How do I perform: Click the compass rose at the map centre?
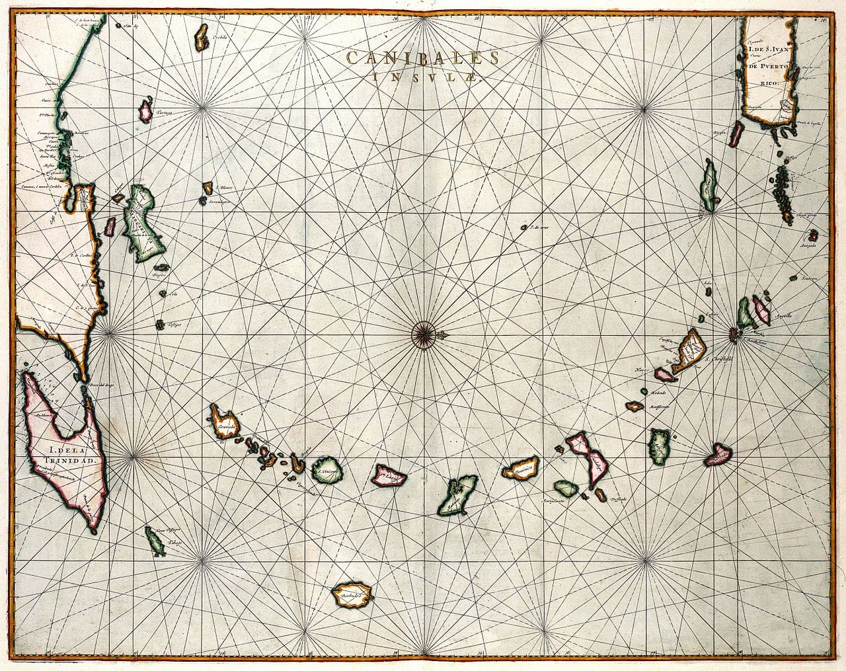[x=424, y=333]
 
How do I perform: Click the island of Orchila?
[x=202, y=39]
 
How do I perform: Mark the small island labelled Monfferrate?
[x=636, y=405]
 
